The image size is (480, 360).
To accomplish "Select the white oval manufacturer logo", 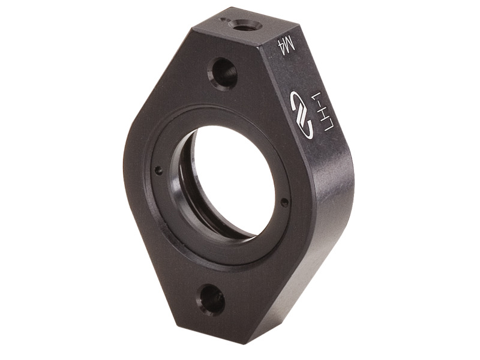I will click(x=301, y=115).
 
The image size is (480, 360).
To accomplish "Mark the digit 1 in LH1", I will click(x=323, y=100).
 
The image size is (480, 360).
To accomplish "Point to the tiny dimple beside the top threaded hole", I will click(x=224, y=20).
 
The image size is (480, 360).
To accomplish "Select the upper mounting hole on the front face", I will click(x=223, y=73).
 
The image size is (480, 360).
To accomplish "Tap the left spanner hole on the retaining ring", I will click(x=158, y=170).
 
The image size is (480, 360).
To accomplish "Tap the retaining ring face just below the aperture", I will click(x=216, y=252).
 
